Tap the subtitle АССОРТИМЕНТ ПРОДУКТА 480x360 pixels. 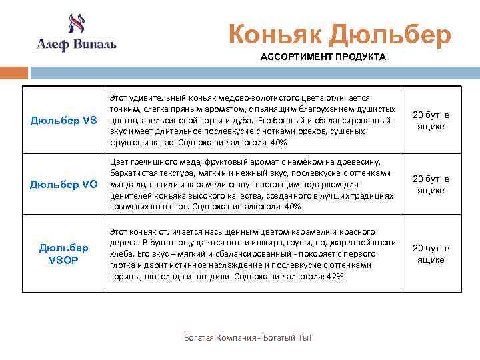click(323, 57)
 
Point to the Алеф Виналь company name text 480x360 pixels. click(77, 45)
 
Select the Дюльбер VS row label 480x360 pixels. click(64, 121)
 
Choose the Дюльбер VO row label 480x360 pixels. click(64, 185)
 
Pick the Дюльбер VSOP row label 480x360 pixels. click(64, 254)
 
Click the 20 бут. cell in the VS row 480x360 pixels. click(431, 121)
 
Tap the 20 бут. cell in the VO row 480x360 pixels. click(431, 185)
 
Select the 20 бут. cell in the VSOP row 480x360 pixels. click(431, 254)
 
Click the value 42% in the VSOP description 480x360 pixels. click(336, 276)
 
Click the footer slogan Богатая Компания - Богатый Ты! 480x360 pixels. click(247, 338)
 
